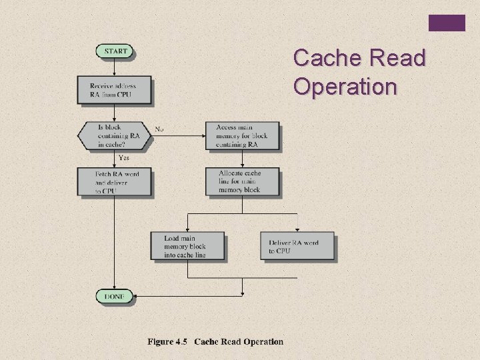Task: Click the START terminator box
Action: coord(114,51)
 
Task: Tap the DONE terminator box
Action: coord(114,296)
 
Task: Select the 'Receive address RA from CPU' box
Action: coord(114,89)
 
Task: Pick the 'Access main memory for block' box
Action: coord(242,135)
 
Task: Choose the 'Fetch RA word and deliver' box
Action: coord(114,181)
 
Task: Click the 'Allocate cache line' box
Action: coord(242,181)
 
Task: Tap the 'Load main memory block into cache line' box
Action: coord(186,246)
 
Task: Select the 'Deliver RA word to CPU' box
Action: coord(297,246)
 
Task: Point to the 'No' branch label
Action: coord(160,129)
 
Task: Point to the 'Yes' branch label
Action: coord(124,158)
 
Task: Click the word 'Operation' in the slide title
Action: coord(345,87)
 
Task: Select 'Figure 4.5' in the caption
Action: coord(167,342)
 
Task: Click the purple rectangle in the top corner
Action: coord(446,23)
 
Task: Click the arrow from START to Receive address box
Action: coord(114,67)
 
